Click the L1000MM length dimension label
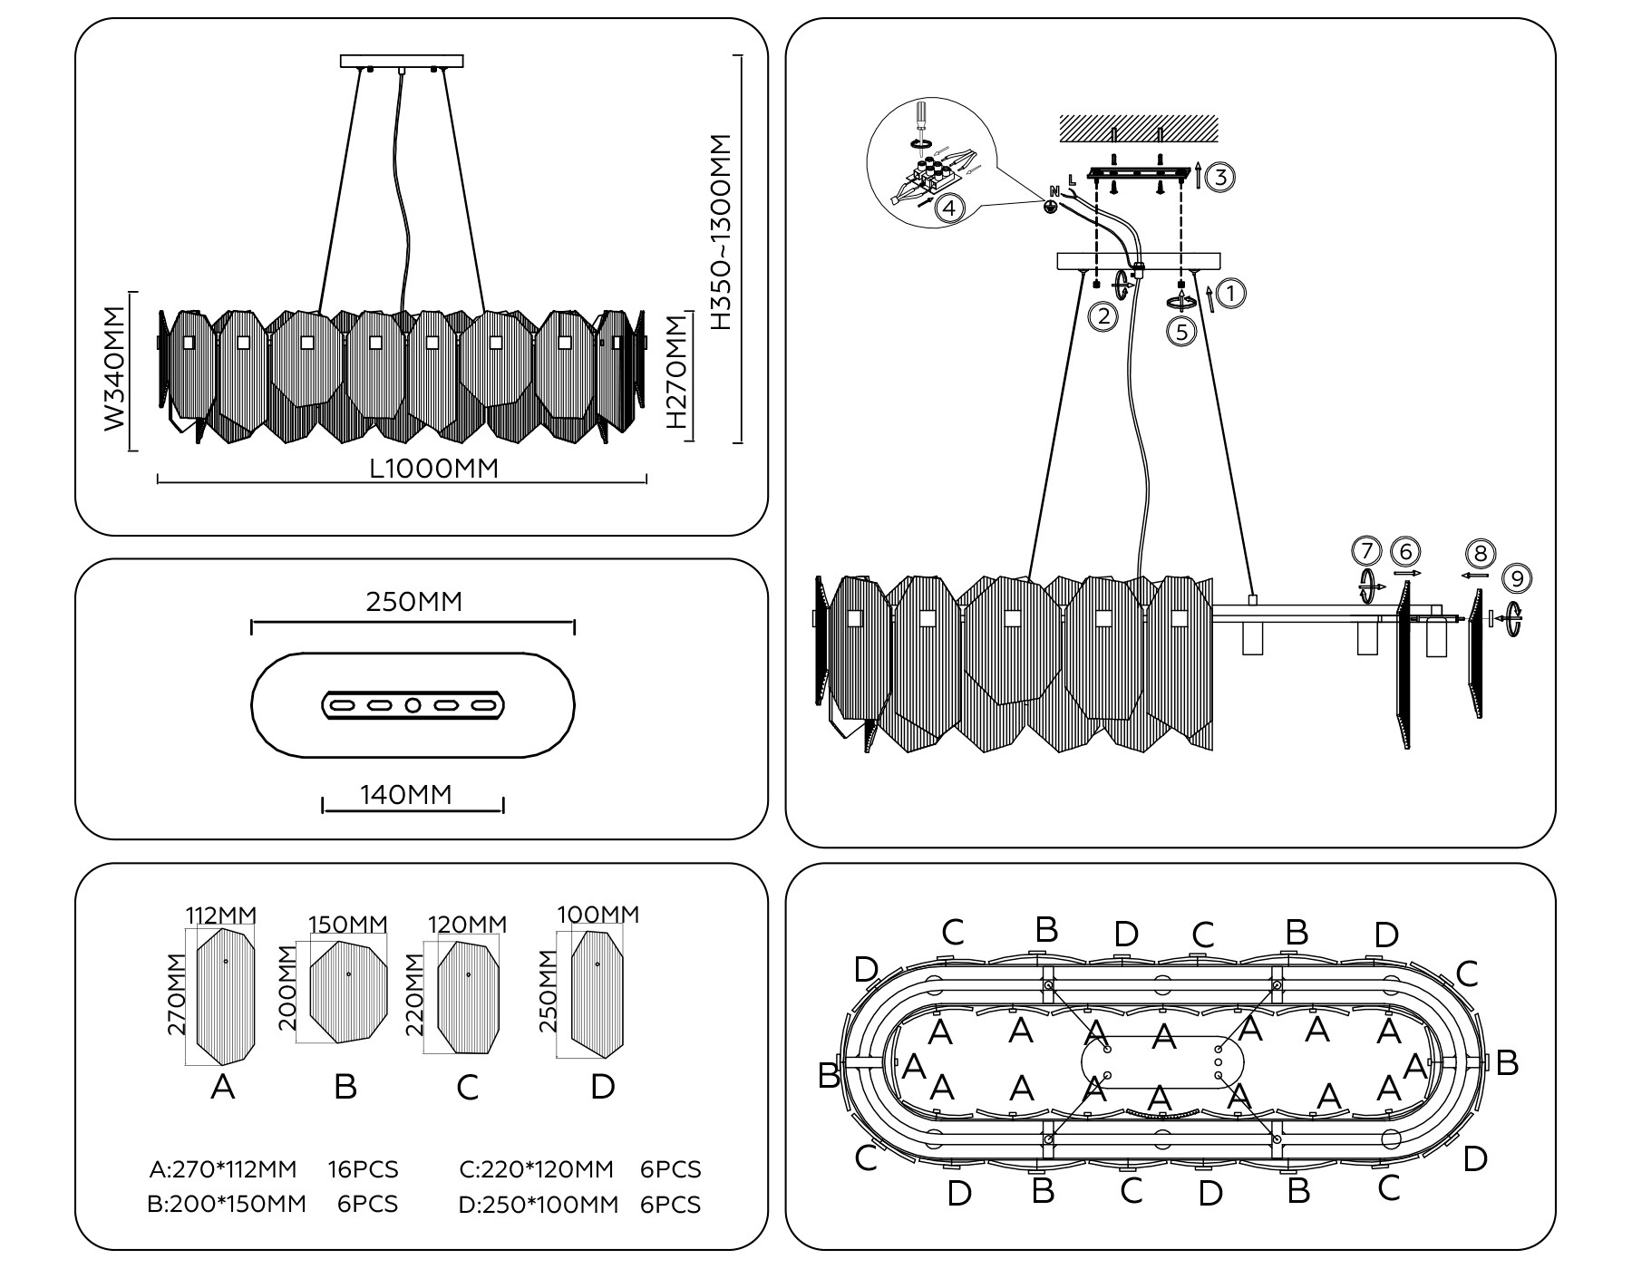click(434, 468)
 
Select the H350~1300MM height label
click(720, 232)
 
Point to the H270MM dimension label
click(676, 373)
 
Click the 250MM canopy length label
click(413, 602)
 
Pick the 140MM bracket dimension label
click(405, 795)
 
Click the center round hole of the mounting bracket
click(413, 705)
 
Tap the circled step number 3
click(1220, 178)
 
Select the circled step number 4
click(948, 209)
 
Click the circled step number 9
click(1516, 578)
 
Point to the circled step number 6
click(1404, 552)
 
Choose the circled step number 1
click(1230, 294)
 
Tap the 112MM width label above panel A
click(221, 915)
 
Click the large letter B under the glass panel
click(345, 1086)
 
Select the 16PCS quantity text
click(363, 1170)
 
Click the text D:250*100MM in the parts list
click(539, 1205)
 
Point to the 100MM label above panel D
click(597, 915)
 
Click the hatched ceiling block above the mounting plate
click(1138, 128)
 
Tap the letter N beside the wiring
click(1054, 191)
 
